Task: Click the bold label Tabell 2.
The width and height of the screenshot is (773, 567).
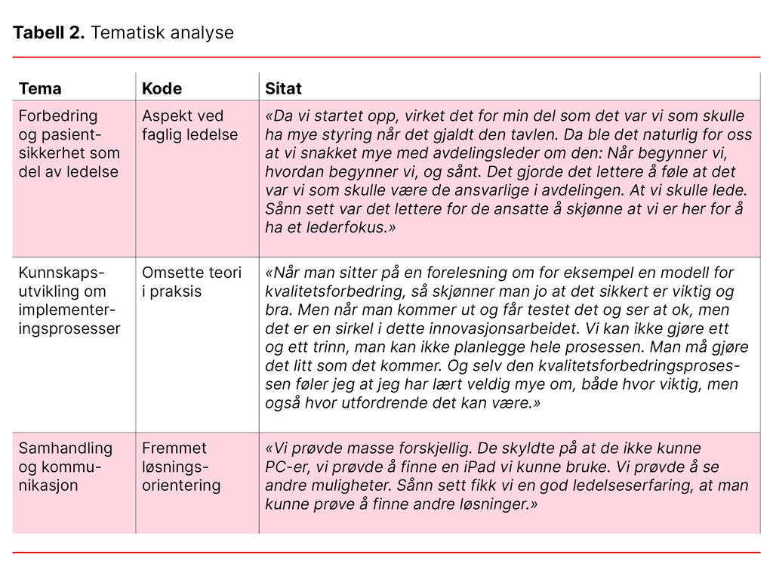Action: (x=48, y=32)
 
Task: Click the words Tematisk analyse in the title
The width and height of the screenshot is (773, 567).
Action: (x=162, y=32)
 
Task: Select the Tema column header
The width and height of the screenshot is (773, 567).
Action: (x=40, y=88)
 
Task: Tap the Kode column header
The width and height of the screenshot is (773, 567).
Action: (x=162, y=88)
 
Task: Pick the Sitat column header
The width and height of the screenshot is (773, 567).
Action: (x=283, y=88)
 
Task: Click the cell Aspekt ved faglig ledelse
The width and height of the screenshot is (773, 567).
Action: (x=189, y=125)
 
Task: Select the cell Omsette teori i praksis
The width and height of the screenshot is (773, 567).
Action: (x=191, y=282)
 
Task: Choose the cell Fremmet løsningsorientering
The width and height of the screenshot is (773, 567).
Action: (x=181, y=467)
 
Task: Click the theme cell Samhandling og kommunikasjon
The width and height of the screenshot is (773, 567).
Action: (x=65, y=467)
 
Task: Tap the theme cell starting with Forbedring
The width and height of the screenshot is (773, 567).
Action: (x=69, y=143)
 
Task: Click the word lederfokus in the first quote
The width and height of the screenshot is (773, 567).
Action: (x=343, y=227)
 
